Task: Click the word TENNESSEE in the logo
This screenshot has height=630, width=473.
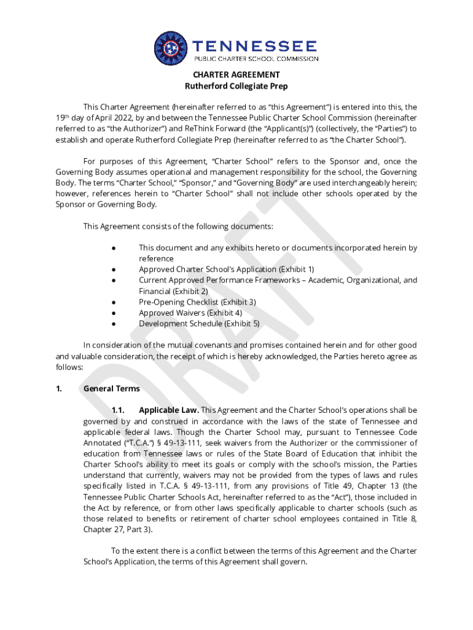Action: pyautogui.click(x=255, y=46)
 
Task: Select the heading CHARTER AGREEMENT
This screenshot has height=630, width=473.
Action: pyautogui.click(x=237, y=75)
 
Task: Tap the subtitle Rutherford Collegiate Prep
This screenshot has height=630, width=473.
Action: pyautogui.click(x=237, y=86)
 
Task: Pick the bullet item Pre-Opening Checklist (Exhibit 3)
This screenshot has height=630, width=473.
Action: pyautogui.click(x=197, y=302)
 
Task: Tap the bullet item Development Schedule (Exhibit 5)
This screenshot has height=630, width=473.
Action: pyautogui.click(x=199, y=324)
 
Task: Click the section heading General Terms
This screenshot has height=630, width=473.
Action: pyautogui.click(x=111, y=389)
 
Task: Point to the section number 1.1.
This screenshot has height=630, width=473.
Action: pyautogui.click(x=118, y=410)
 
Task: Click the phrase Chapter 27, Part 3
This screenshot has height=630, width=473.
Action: pyautogui.click(x=117, y=529)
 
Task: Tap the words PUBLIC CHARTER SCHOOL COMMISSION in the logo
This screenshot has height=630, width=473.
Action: pyautogui.click(x=256, y=58)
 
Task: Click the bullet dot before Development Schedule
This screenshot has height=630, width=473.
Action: pyautogui.click(x=114, y=324)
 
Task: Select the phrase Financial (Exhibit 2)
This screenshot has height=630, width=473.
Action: pyautogui.click(x=173, y=291)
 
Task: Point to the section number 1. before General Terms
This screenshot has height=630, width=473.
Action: pyautogui.click(x=59, y=389)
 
